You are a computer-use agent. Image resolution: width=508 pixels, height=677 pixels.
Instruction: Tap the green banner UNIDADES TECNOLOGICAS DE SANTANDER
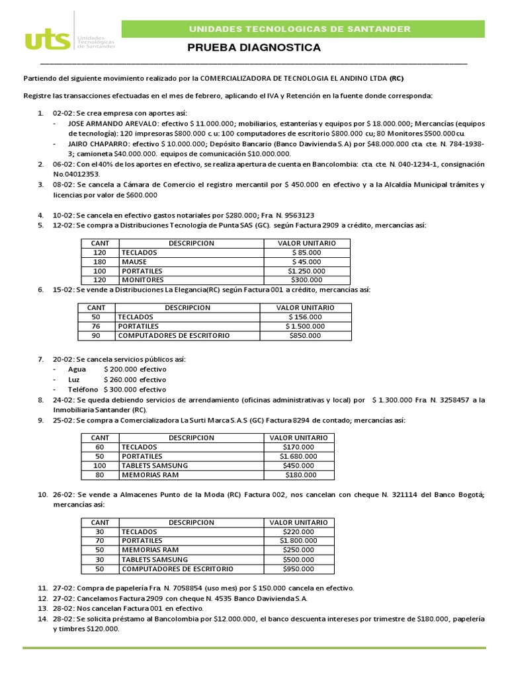300,29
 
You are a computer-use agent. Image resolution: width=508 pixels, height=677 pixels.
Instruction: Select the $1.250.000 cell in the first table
306,271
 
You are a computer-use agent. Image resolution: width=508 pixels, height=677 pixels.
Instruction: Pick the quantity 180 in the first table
100,262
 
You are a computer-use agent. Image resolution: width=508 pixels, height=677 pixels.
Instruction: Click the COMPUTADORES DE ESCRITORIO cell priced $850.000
173,336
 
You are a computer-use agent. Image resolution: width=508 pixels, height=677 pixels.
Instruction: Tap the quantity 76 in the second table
96,327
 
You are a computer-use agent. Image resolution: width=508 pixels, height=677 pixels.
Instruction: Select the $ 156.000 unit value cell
305,317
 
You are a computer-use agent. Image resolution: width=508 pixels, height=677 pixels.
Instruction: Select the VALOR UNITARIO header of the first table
306,243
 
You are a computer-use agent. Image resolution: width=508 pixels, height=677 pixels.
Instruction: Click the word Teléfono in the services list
82,390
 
